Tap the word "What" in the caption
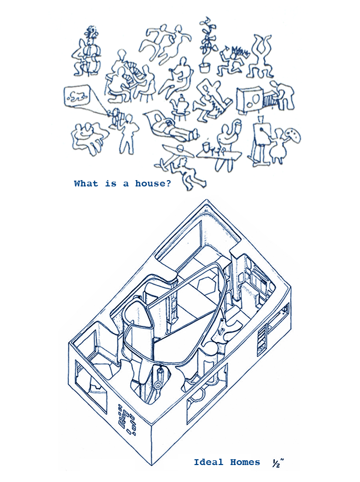pyautogui.click(x=86, y=184)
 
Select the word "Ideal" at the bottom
pyautogui.click(x=209, y=462)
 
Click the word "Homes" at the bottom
pyautogui.click(x=245, y=462)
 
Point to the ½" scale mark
pyautogui.click(x=277, y=462)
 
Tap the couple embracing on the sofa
pyautogui.click(x=86, y=137)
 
